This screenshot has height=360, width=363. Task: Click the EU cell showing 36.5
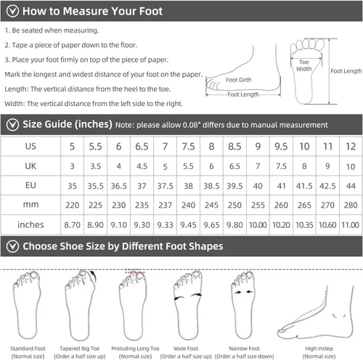coord(119,186)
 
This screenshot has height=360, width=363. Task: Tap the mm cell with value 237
coord(165,205)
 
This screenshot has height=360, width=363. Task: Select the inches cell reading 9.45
coord(188,225)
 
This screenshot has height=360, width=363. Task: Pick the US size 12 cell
coord(351,147)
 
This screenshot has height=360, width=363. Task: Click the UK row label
coord(30,166)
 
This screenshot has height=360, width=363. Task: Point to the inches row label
coord(30,225)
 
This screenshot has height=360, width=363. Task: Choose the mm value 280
coord(351,205)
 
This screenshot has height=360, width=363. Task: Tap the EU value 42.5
coord(327,186)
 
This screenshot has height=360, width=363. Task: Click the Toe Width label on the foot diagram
coord(304,65)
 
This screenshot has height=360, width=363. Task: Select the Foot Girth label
coord(239,80)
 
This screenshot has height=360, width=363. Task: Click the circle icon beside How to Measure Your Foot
coord(12,11)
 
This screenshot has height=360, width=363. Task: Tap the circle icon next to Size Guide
coord(12,125)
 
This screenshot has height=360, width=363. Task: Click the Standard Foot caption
coord(28,348)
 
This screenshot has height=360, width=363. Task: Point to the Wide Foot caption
coord(186,348)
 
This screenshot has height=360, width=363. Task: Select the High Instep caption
coord(319,348)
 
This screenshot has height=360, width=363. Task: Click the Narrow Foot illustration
coord(243,306)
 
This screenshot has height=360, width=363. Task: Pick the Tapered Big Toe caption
coord(80,348)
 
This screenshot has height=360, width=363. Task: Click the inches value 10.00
coord(258,225)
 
